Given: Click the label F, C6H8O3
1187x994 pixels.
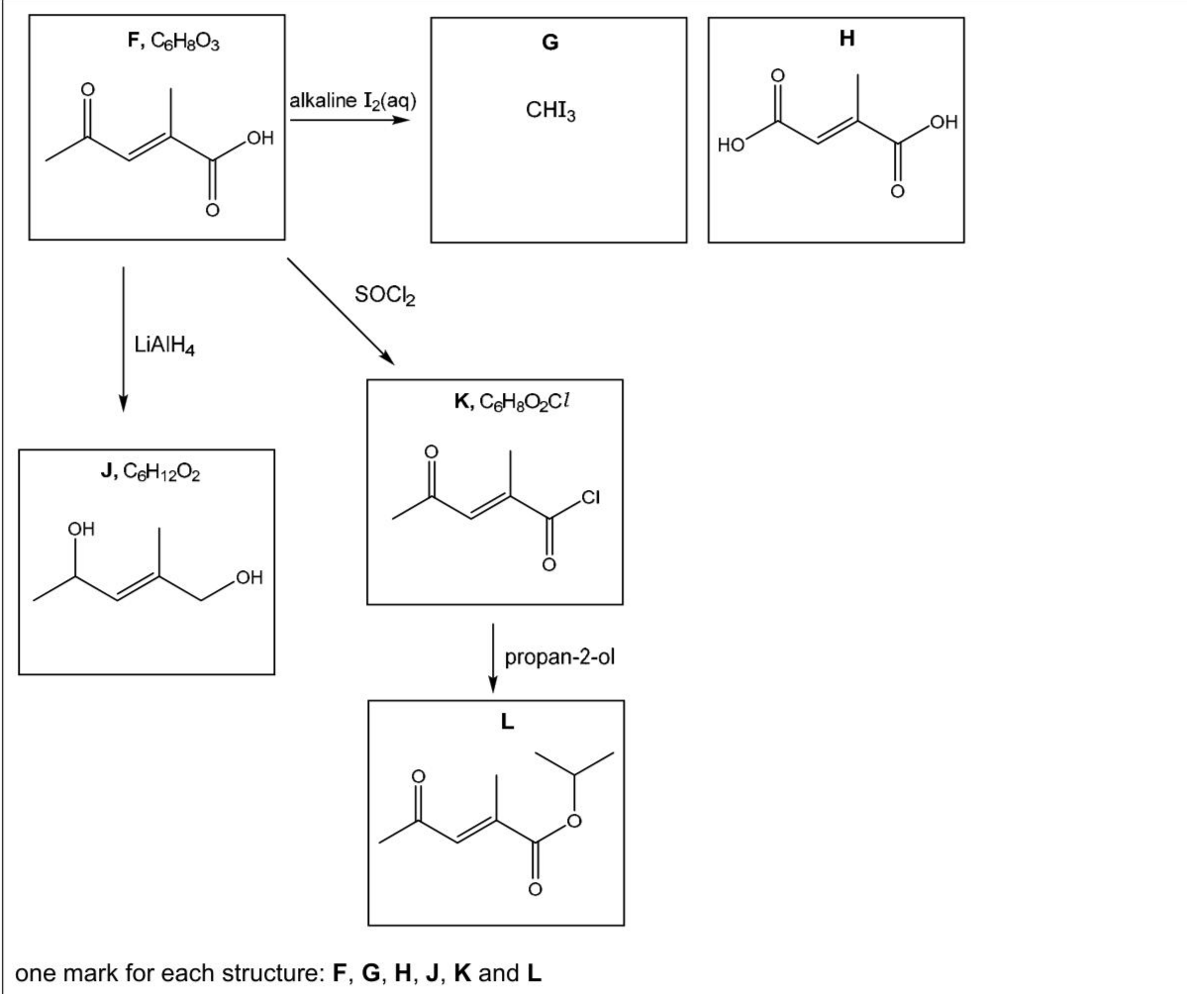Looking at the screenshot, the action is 174,42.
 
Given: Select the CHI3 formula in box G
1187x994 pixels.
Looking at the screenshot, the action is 551,111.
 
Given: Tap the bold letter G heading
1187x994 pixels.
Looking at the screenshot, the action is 550,43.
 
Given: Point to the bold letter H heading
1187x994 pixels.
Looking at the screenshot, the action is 847,38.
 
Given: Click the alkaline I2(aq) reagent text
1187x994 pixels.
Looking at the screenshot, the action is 352,101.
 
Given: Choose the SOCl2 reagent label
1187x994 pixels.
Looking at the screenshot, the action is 385,294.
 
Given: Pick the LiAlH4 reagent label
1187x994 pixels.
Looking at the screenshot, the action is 164,346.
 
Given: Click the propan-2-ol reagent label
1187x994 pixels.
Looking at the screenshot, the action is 559,657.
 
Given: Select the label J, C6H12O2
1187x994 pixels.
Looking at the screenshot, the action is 150,472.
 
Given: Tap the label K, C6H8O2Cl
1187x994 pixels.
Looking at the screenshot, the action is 512,401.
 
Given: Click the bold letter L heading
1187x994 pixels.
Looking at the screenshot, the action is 507,722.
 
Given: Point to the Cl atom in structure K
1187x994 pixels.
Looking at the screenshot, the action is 590,497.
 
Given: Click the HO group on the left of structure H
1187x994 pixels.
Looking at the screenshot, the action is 731,146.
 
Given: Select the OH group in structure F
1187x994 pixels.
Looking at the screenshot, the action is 259,139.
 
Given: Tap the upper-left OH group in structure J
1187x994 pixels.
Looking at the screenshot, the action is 82,529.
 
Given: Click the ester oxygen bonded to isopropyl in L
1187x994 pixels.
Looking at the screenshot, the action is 574,821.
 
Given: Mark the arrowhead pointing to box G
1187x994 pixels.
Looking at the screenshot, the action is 400,120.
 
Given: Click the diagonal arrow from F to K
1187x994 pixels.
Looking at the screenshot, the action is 341,312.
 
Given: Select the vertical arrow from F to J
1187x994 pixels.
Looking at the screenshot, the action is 124,340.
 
